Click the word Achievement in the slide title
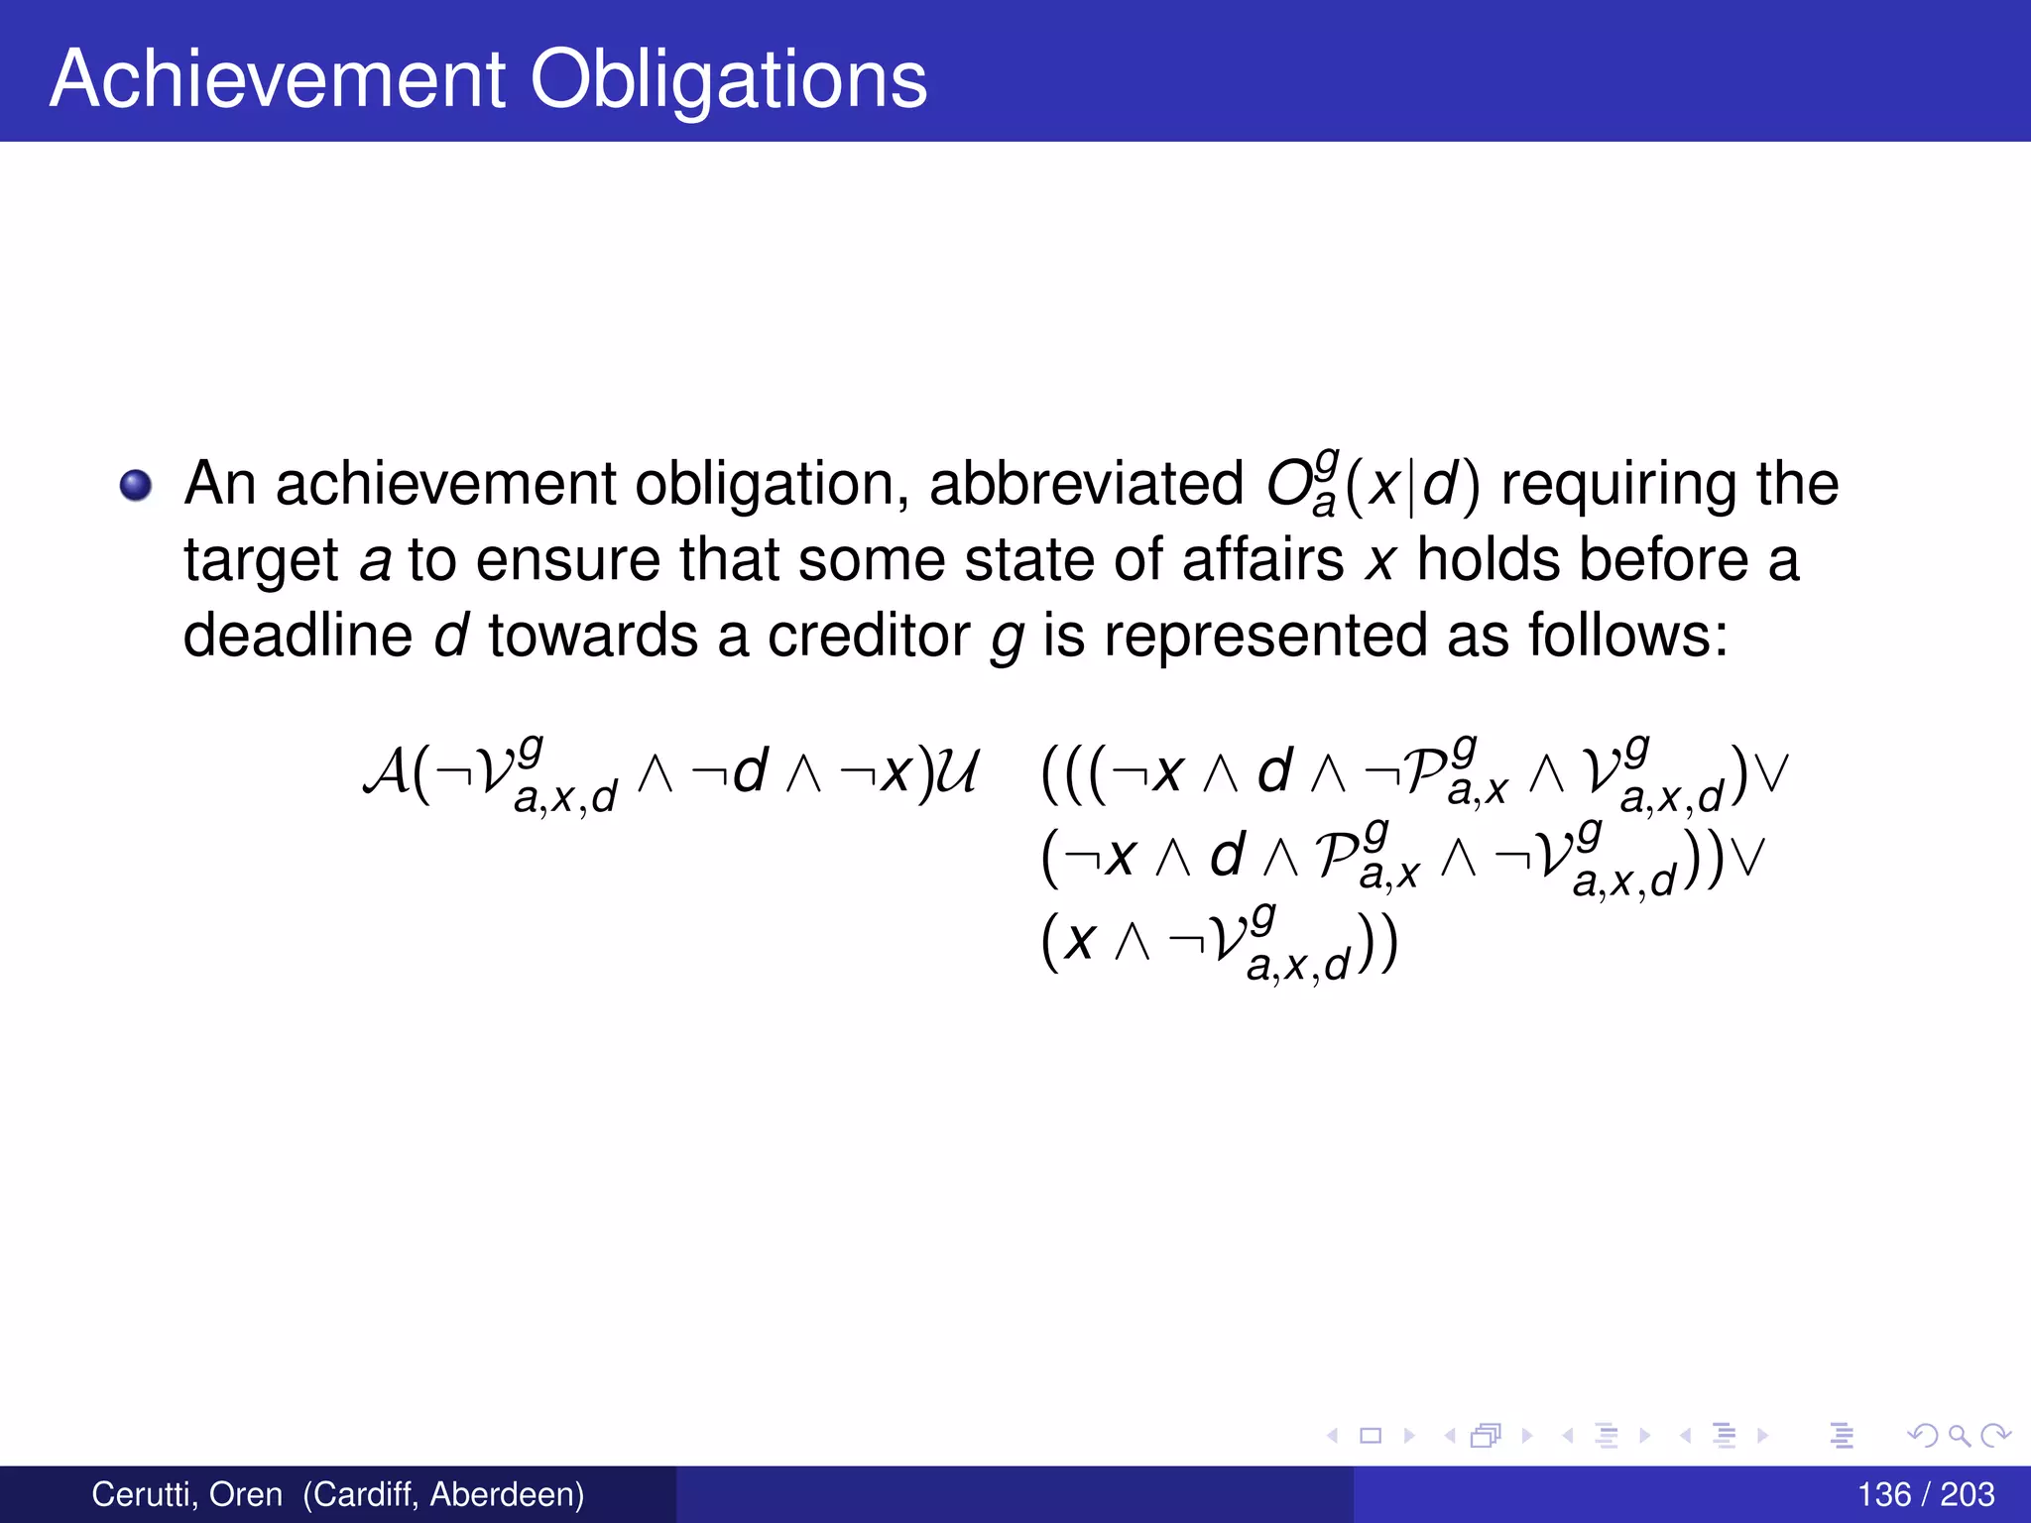(279, 79)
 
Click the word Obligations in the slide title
(729, 79)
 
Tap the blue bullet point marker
(136, 486)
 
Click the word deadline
(298, 635)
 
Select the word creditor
(868, 635)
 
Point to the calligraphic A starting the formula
(386, 772)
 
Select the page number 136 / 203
(1925, 1494)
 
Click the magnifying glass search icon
(1959, 1435)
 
